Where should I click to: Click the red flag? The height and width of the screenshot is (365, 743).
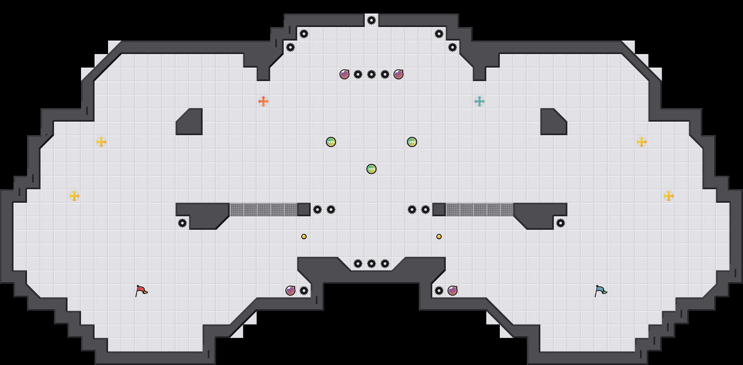(x=141, y=290)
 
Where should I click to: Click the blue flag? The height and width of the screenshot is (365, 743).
(x=600, y=290)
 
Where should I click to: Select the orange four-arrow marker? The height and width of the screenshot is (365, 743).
(x=263, y=101)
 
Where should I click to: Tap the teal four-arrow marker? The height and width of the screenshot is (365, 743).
(x=480, y=101)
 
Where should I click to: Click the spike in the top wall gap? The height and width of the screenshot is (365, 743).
(x=371, y=20)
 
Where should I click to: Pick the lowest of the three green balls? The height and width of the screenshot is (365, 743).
(x=371, y=169)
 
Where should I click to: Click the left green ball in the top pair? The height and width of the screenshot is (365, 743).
(x=331, y=142)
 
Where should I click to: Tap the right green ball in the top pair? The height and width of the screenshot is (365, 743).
(x=412, y=142)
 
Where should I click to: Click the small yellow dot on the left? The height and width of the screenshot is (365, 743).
(x=304, y=237)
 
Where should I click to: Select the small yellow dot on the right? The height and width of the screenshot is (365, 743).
(x=439, y=237)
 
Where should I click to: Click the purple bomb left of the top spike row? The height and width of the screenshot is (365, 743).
(x=344, y=74)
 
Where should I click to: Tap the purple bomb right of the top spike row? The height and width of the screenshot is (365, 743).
(x=399, y=74)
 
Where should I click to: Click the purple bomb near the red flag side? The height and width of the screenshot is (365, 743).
(x=290, y=291)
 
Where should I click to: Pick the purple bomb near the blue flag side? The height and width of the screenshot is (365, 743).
(x=453, y=291)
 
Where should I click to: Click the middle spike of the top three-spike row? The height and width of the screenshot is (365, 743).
(x=371, y=74)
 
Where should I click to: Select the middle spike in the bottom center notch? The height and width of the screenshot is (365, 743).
(x=371, y=264)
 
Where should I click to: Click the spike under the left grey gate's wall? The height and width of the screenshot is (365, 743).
(x=182, y=223)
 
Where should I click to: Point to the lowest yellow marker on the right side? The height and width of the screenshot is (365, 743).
(x=669, y=196)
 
